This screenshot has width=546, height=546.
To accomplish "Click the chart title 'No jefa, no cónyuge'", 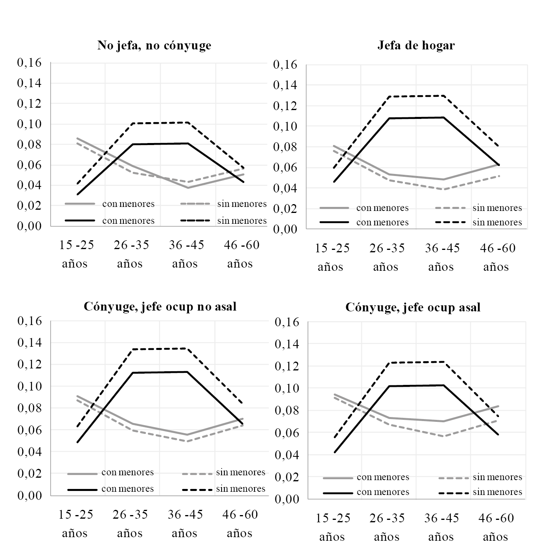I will [154, 45].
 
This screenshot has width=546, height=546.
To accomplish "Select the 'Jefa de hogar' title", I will [416, 45].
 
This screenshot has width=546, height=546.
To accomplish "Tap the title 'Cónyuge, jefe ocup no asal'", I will [160, 307].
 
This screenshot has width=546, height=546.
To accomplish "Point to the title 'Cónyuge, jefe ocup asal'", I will [413, 308].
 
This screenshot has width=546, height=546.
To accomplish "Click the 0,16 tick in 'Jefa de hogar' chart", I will [285, 64].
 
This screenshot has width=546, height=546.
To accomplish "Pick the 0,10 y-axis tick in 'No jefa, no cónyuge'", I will [29, 124].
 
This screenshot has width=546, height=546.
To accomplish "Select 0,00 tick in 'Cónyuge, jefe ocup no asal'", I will [29, 495].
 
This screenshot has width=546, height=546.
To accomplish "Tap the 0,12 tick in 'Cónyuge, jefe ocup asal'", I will [286, 366].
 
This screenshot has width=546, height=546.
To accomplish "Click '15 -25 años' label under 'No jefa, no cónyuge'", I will [76, 254].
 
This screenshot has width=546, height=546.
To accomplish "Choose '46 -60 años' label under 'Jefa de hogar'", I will [497, 257].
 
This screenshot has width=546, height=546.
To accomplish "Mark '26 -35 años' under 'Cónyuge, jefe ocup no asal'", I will [130, 524].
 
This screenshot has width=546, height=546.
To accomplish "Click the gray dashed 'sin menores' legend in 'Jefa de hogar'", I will [497, 208].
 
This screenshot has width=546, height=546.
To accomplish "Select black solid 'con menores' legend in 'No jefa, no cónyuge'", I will [128, 221].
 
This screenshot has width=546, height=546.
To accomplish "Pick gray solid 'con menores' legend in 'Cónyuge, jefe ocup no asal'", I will [127, 472].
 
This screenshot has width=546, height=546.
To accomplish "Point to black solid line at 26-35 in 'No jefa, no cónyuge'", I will [132, 144].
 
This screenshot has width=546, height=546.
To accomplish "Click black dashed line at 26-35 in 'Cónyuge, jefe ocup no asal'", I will [132, 349].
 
